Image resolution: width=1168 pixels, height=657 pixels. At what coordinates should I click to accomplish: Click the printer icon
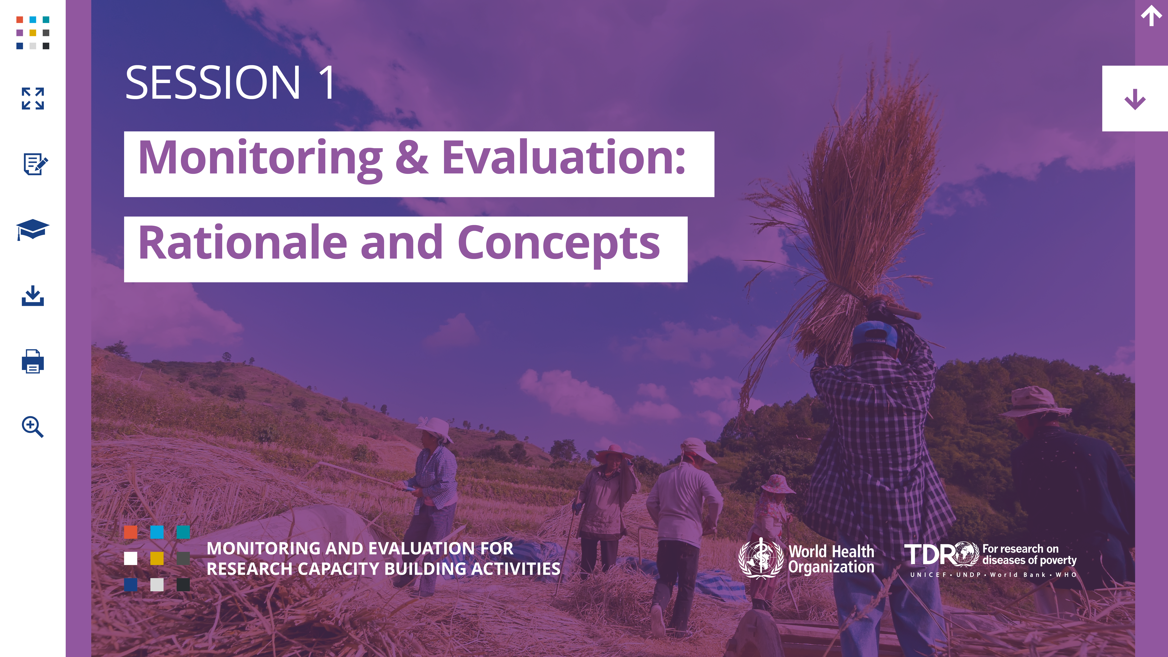click(x=33, y=361)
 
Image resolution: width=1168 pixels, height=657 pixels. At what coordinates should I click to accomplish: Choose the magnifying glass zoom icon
click(x=33, y=427)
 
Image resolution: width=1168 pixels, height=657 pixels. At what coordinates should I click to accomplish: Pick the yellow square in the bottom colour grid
click(x=157, y=558)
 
